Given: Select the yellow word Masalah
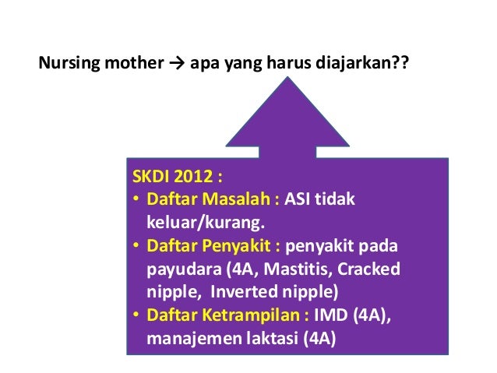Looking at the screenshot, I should coord(237,200).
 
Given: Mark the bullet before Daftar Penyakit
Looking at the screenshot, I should coord(136,247).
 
